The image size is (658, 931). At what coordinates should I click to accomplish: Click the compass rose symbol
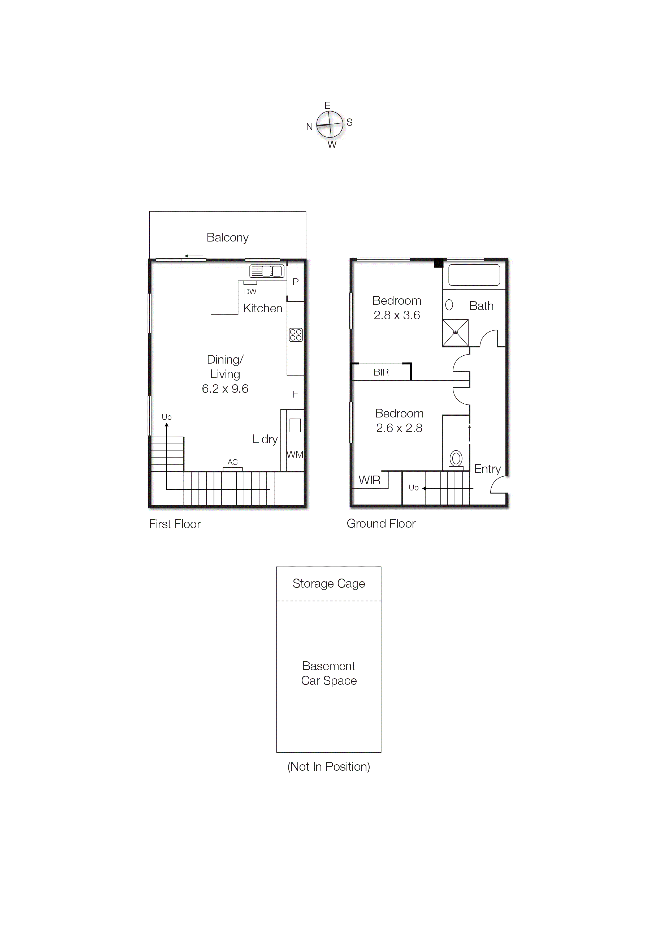[330, 124]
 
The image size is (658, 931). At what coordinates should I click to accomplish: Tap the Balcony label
[227, 238]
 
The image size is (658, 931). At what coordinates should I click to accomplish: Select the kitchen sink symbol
[266, 271]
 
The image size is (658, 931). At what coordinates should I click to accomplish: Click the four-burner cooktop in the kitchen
[296, 335]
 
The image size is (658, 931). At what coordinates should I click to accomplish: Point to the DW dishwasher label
[250, 292]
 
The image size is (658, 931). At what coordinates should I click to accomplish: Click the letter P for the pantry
[296, 282]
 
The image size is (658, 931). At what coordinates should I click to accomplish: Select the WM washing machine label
[295, 455]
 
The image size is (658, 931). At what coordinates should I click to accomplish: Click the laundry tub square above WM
[295, 425]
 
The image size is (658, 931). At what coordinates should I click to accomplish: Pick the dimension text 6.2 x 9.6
[225, 389]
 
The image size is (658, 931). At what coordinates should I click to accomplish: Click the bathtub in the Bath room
[474, 275]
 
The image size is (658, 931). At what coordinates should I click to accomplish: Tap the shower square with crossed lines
[455, 333]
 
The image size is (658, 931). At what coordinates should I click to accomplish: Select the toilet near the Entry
[456, 459]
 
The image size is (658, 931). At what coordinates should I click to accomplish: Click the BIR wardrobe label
[381, 372]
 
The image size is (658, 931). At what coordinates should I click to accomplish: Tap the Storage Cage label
[328, 584]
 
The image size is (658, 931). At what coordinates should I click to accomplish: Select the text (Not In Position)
[328, 767]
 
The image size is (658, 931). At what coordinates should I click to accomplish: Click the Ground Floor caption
[381, 523]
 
